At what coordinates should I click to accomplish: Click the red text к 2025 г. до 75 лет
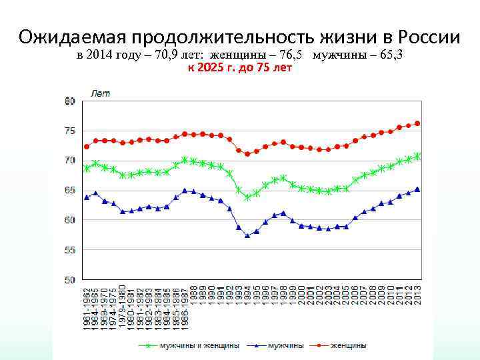point(239,68)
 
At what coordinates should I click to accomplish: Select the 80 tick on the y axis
point(70,101)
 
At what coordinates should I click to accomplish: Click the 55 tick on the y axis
point(70,250)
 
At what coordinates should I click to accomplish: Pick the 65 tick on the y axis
point(70,191)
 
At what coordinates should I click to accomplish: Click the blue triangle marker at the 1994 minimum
point(247,235)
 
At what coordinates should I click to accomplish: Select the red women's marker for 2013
point(417,123)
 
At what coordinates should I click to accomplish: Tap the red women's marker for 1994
point(247,154)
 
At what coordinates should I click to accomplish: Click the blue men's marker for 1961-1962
point(87,197)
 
